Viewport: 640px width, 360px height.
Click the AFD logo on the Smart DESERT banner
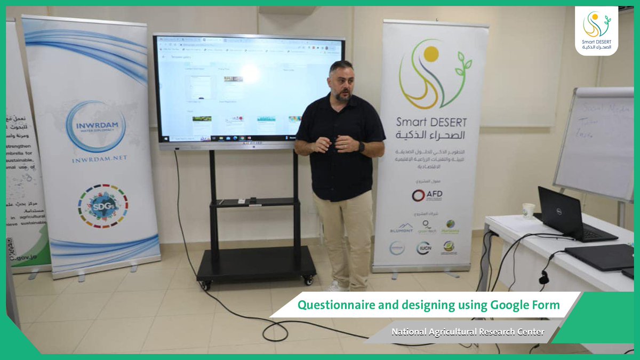428,195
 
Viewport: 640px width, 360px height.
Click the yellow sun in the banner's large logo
430,53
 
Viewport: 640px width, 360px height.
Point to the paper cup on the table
528,211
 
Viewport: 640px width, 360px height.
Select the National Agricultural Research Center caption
468,332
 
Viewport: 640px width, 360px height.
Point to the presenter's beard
343,96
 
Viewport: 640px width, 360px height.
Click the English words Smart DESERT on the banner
430,121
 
